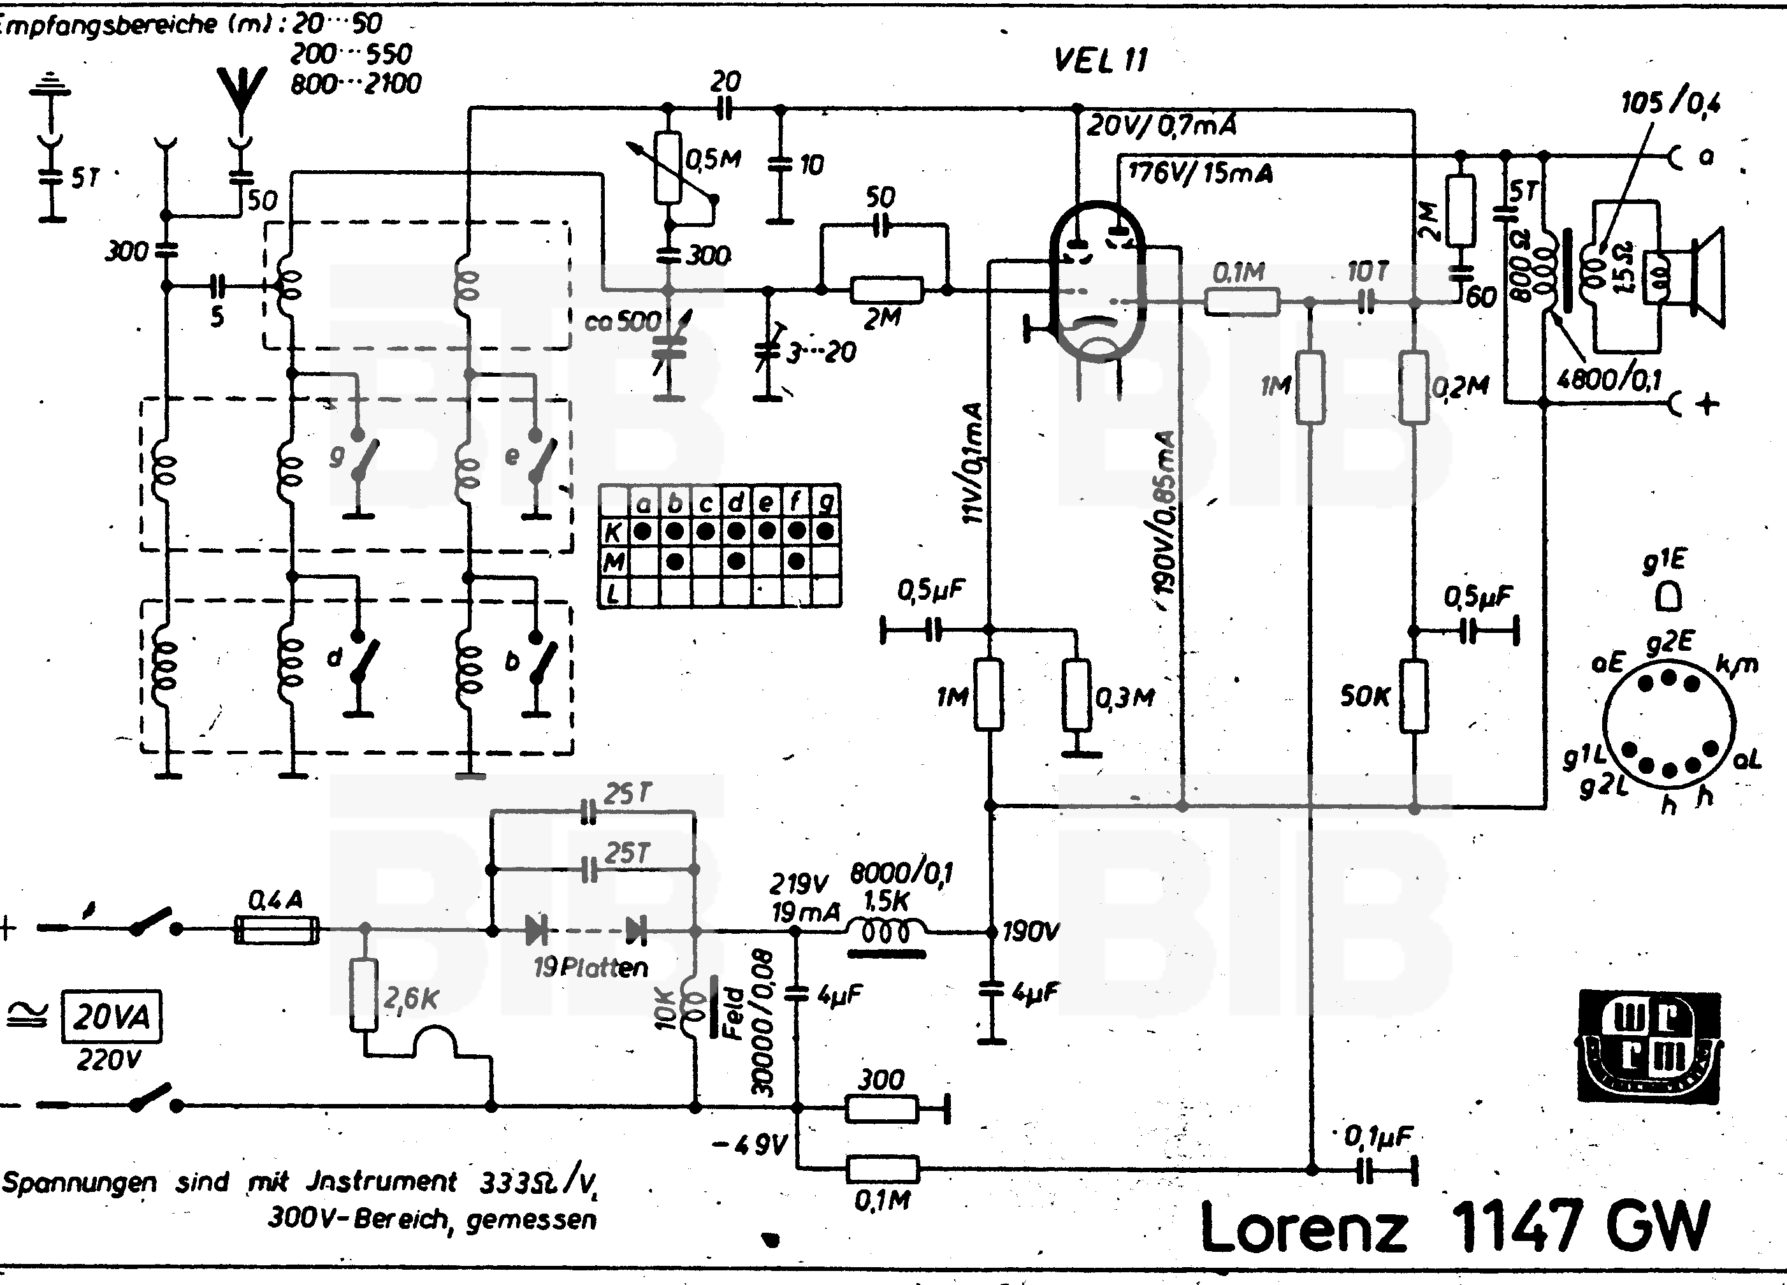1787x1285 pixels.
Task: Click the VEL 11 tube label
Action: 1101,61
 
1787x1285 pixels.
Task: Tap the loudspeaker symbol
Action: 1702,276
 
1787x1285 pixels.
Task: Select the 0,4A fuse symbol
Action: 277,931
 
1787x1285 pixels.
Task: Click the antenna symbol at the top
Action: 243,91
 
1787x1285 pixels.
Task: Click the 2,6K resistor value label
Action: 410,998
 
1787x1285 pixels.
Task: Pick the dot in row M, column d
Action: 736,562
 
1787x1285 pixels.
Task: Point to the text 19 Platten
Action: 590,967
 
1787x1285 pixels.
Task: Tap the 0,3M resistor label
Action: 1125,697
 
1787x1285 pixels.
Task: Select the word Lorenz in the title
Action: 1303,1228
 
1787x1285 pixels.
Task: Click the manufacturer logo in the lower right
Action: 1650,1045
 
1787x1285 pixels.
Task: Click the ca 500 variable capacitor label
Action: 623,321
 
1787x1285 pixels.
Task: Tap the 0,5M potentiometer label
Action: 714,160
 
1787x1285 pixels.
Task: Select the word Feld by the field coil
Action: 734,1012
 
